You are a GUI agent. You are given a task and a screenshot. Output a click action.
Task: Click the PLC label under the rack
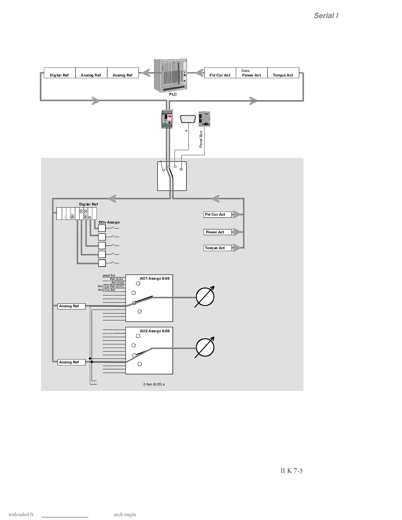pyautogui.click(x=173, y=94)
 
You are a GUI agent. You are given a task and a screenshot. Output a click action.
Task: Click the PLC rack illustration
pyautogui.click(x=171, y=75)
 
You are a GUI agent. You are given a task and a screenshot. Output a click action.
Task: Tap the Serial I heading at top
pyautogui.click(x=326, y=16)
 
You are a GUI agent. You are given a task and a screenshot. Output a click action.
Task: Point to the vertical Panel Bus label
pyautogui.click(x=201, y=139)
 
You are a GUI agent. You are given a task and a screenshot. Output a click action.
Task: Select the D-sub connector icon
pyautogui.click(x=188, y=119)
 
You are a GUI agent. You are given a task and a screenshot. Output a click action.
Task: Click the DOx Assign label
pyautogui.click(x=109, y=222)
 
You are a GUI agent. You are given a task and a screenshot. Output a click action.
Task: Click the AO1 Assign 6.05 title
pyautogui.click(x=155, y=278)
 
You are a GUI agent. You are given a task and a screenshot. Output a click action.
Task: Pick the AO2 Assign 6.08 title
pyautogui.click(x=155, y=331)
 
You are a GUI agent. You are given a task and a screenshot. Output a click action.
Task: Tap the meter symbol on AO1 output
pyautogui.click(x=205, y=296)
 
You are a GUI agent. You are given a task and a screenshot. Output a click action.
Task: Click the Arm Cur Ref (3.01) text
pyautogui.click(x=111, y=286)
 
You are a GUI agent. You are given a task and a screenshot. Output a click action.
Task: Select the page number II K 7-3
pyautogui.click(x=291, y=471)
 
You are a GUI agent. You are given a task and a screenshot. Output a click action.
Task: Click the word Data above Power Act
pyautogui.click(x=245, y=71)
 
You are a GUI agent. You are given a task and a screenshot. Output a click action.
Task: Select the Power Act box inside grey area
pyautogui.click(x=217, y=232)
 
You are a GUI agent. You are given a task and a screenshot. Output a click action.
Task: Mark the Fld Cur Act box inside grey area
pyautogui.click(x=217, y=214)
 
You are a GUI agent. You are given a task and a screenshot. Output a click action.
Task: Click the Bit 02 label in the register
pyautogui.click(x=85, y=214)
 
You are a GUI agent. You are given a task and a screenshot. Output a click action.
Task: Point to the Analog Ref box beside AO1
pyautogui.click(x=71, y=306)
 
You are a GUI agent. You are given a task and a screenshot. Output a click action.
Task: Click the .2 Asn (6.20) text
pyautogui.click(x=154, y=384)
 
